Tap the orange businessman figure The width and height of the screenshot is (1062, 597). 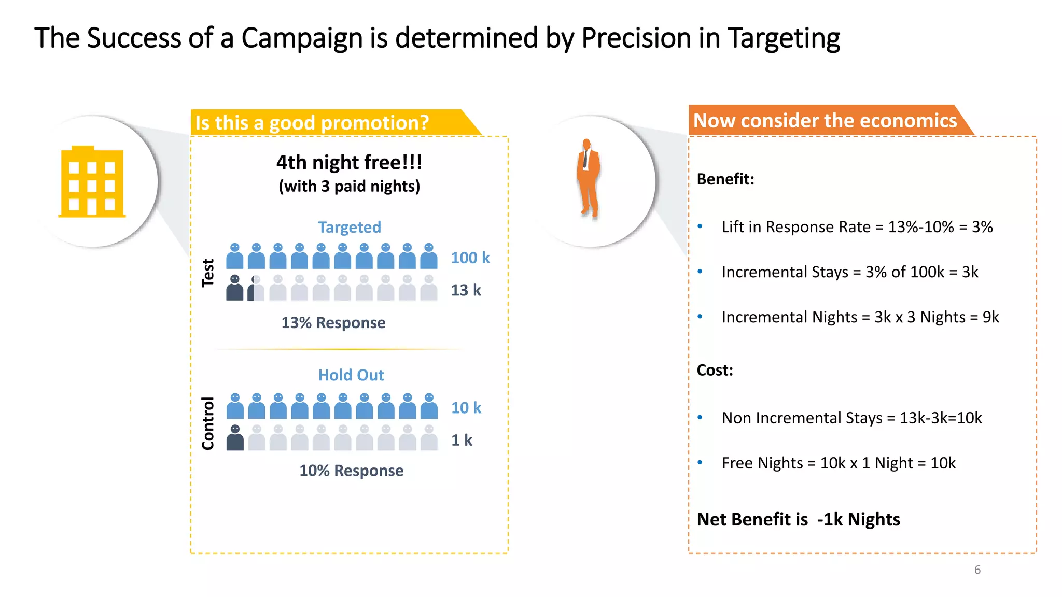point(588,178)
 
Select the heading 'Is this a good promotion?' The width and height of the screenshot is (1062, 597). point(312,123)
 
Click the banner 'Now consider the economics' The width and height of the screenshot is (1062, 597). point(825,121)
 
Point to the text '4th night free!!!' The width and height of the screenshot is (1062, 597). point(349,163)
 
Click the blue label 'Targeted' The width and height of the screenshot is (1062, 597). point(350,227)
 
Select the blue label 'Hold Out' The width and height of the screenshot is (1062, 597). point(351,375)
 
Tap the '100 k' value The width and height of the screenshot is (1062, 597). point(470,258)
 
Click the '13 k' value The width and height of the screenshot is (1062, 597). point(466,290)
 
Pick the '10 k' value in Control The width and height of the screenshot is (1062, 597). point(466,408)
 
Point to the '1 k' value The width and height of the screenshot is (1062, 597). point(462,440)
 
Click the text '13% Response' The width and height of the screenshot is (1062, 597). point(333,323)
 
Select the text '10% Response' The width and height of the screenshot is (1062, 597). point(351,471)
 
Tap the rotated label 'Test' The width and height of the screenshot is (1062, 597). point(208,273)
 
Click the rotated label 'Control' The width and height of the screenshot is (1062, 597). point(208,423)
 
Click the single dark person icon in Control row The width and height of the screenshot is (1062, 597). point(235,438)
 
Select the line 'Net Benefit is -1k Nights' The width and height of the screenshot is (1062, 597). point(798,519)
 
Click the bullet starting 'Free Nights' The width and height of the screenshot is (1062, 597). point(838,463)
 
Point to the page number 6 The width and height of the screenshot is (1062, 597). point(977,570)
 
